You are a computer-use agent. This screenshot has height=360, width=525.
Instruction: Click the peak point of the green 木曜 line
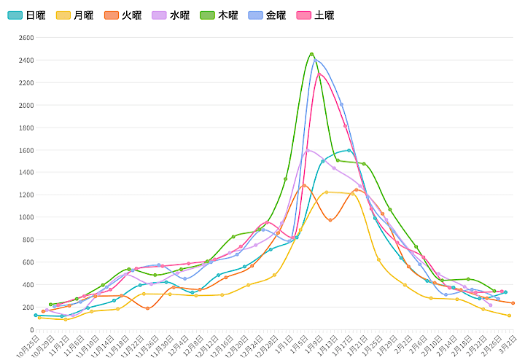[x=311, y=55]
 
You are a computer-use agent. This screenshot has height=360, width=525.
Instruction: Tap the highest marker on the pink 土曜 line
[x=319, y=74]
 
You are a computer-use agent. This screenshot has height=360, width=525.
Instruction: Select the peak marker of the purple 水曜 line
[x=308, y=150]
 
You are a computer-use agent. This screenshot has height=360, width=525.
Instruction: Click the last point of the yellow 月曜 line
[x=509, y=316]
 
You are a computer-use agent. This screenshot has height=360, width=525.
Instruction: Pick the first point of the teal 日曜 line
[x=35, y=315]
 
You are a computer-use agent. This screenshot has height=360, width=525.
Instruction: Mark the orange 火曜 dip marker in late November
[x=147, y=308]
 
